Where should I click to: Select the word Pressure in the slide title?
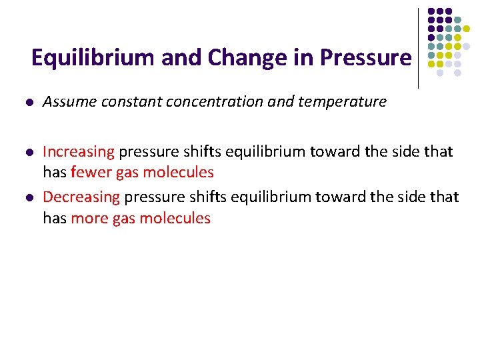pyautogui.click(x=366, y=58)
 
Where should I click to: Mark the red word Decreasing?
pyautogui.click(x=81, y=197)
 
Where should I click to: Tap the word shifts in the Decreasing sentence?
pyautogui.click(x=203, y=197)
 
